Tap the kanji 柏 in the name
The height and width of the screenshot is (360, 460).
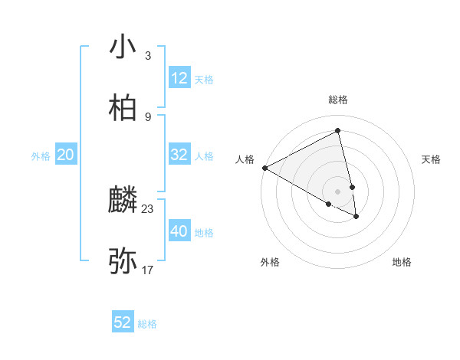(x=123, y=108)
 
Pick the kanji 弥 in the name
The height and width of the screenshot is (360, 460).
(x=123, y=261)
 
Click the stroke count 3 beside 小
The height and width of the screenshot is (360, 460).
(x=147, y=55)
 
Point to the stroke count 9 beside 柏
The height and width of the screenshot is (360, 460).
(x=147, y=116)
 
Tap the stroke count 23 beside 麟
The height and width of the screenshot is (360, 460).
(x=148, y=208)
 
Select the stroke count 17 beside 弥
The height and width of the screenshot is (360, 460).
(x=148, y=270)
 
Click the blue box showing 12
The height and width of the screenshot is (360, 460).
(x=179, y=78)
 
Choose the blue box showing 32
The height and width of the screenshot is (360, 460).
(x=179, y=155)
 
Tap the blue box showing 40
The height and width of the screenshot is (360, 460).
(x=179, y=231)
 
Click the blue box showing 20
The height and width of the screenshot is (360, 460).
(x=65, y=155)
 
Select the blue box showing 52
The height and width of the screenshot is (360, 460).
(x=123, y=322)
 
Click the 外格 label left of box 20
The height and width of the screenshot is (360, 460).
(x=41, y=156)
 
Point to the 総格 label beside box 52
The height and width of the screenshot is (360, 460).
(x=147, y=324)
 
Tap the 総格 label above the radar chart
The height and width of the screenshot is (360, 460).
(x=338, y=100)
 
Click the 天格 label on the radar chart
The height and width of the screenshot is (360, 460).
(x=432, y=159)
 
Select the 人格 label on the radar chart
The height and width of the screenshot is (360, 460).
(x=245, y=159)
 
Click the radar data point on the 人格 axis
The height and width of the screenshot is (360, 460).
(x=264, y=168)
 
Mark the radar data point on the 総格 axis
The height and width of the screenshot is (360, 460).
(x=338, y=131)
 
